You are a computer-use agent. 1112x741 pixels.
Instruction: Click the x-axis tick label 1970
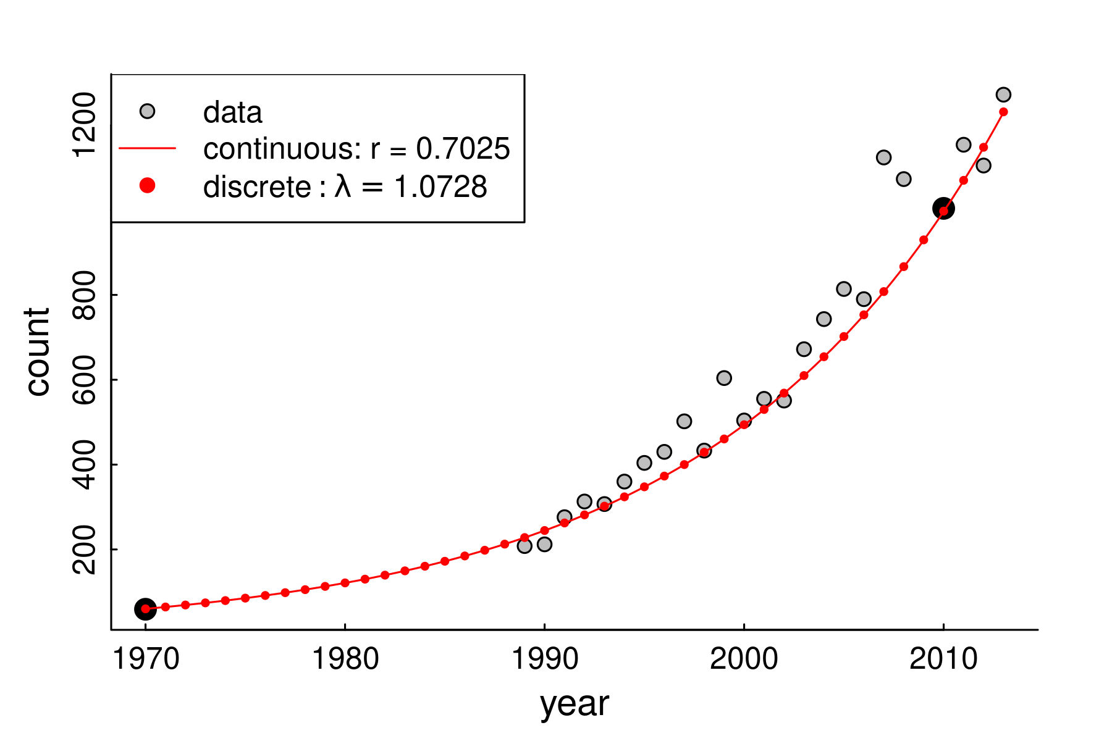point(146,659)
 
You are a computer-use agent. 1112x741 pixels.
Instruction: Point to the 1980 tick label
point(345,659)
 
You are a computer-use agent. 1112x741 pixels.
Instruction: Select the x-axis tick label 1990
point(544,659)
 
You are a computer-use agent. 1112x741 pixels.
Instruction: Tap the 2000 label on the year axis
point(744,659)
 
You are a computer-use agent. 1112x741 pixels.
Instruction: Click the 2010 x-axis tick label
point(943,659)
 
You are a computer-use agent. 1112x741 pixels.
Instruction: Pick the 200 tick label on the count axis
point(85,550)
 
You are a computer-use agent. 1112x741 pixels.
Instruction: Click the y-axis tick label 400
point(85,464)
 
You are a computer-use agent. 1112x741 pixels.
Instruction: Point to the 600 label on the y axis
point(85,380)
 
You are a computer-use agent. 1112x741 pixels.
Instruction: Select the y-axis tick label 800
point(85,295)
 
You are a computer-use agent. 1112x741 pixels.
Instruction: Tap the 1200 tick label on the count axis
point(85,125)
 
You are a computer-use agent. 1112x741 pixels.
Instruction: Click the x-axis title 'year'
point(575,704)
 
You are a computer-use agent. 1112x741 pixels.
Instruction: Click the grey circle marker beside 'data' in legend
point(147,111)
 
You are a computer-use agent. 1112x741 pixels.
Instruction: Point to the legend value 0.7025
point(463,149)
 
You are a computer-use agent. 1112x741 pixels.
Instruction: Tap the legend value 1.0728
point(441,186)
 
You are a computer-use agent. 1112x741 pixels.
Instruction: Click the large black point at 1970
point(145,609)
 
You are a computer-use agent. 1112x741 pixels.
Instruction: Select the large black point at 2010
point(943,209)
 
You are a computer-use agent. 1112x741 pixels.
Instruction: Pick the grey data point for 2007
point(883,157)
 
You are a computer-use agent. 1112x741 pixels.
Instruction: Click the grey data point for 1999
point(724,378)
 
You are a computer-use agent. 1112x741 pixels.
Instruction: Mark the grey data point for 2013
point(1003,94)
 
